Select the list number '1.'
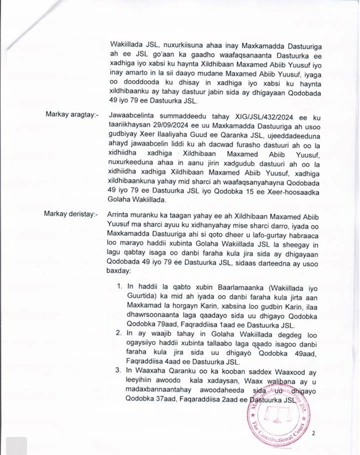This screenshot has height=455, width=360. point(121,286)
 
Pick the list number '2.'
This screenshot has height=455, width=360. point(121,334)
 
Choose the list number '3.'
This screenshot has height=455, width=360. point(121,371)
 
